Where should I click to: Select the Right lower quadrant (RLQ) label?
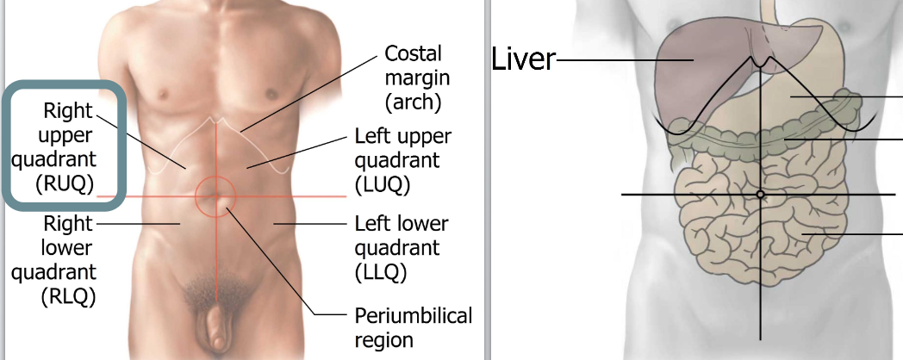tap(67, 260)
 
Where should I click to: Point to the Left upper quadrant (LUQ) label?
tap(402, 160)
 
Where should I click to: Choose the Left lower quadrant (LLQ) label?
tap(402, 248)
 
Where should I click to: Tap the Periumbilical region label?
tap(414, 327)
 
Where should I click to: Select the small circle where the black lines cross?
tap(760, 195)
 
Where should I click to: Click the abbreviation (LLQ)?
tap(380, 271)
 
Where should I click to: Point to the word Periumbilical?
tap(414, 316)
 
